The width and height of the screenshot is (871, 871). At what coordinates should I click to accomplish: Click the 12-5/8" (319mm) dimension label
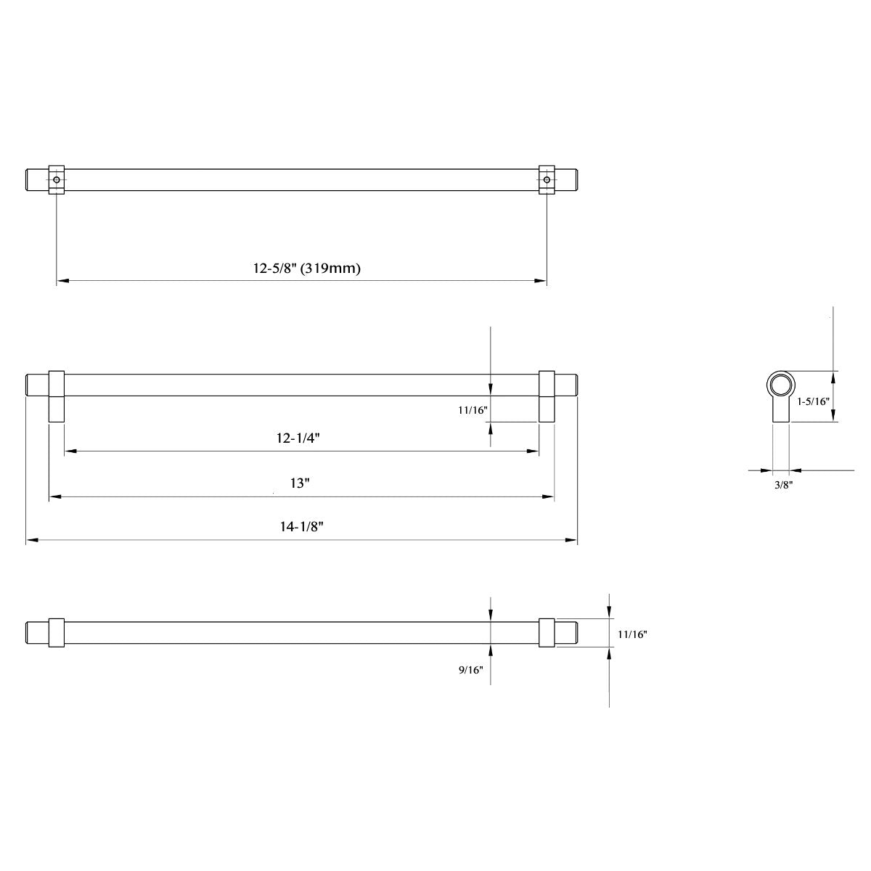coord(307,269)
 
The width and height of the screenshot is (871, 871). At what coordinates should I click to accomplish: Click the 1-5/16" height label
coord(812,401)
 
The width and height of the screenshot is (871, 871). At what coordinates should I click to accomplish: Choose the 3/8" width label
coord(782,485)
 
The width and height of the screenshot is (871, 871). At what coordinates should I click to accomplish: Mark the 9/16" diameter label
coord(470,671)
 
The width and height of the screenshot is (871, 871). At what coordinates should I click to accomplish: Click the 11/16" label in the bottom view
coord(632,634)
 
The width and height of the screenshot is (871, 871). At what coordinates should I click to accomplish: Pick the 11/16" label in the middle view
coord(473,410)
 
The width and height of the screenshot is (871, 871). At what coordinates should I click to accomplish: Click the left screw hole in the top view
coord(57,179)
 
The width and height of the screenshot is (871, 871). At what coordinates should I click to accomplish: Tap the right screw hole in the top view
coord(547,179)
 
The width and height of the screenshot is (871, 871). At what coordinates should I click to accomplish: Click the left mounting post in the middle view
coord(57,396)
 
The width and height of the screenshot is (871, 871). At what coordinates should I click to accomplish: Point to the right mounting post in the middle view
coord(547,396)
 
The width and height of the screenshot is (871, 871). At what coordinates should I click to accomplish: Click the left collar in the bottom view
coord(57,632)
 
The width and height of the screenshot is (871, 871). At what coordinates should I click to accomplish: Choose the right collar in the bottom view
coord(547,632)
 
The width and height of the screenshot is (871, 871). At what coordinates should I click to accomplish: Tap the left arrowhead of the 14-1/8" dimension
coord(31,540)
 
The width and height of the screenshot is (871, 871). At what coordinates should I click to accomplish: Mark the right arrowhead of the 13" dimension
coord(549,497)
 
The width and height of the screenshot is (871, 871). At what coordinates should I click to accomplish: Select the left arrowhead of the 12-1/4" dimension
coord(70,451)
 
